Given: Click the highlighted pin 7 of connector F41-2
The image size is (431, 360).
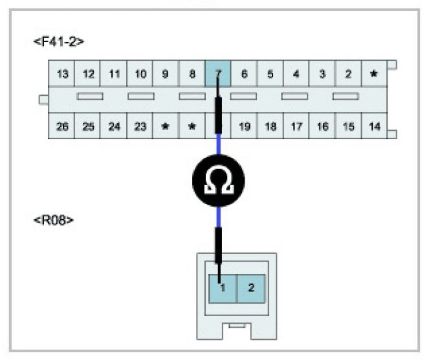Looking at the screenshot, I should (217, 73).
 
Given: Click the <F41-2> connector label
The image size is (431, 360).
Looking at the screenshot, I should (58, 41).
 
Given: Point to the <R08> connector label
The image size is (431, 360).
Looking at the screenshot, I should (53, 220).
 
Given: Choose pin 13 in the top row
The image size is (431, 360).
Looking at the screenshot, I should (62, 74).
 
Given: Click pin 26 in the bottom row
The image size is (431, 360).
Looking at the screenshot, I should (62, 126).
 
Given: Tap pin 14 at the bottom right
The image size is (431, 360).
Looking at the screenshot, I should (374, 126).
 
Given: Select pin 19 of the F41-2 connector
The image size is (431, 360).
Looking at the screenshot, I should (244, 126).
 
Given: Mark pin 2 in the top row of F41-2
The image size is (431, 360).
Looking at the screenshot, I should (348, 74).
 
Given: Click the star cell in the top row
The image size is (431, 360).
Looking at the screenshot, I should (373, 74).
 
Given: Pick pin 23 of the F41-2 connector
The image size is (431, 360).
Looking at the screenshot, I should (140, 126).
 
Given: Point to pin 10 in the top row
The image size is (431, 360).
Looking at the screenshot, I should (140, 74).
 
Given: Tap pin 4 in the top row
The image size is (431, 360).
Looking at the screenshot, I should (296, 74).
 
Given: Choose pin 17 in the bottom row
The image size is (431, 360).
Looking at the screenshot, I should (296, 126).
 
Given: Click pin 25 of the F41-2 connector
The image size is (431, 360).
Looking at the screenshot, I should (89, 126).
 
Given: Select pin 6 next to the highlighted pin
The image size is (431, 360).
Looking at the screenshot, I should (244, 74).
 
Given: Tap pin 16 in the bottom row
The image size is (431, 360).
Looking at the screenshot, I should (322, 126).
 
